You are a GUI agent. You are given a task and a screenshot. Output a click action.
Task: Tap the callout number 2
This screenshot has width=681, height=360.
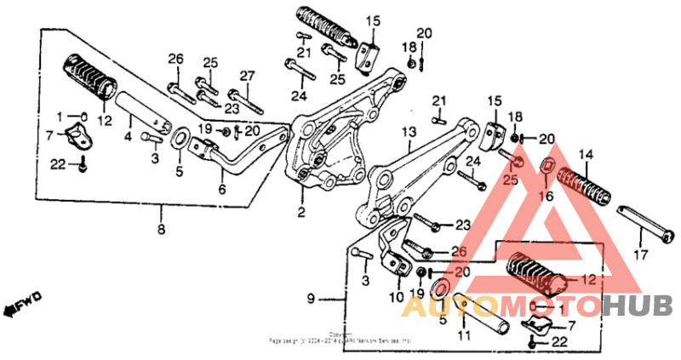300,211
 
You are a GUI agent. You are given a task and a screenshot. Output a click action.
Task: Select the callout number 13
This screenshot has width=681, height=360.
408,134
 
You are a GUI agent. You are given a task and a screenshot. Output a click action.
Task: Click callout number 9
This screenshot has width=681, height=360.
311,298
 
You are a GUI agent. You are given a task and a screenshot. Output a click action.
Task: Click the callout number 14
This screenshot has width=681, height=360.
585,155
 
